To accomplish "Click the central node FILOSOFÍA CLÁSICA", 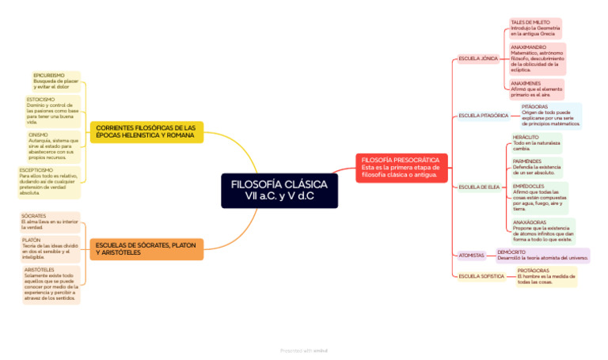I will point(279,190).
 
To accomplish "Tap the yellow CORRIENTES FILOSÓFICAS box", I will point(146,131).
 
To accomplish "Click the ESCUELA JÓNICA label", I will point(478,59).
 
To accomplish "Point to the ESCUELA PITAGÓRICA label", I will point(483,116).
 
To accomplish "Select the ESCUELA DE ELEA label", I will point(479,187).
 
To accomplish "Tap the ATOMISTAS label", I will point(472,256).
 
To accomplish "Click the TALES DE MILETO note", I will point(534,28).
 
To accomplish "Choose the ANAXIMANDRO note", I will point(536,59).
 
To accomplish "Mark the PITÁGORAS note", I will point(550,116).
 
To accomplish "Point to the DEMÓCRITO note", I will point(542,255).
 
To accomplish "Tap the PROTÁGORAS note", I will point(545,276).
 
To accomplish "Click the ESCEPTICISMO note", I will point(50,181).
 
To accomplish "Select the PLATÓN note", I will point(50,248).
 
